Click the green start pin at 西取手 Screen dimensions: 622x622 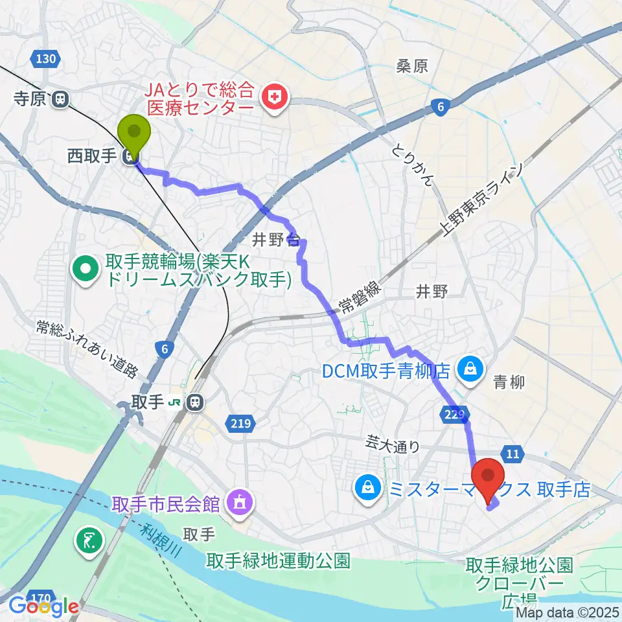pos(135,132)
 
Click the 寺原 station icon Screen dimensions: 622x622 pos(60,99)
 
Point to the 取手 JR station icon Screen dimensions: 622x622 pos(194,403)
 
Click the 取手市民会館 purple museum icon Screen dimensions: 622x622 pos(240,503)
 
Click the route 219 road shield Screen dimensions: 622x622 pos(239,425)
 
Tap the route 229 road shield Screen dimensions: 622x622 pos(454,414)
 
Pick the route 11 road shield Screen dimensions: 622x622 pos(513,454)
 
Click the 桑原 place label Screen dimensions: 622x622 pos(412,66)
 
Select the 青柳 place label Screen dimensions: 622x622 pos(509,382)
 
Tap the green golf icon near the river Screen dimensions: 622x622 pos(88,540)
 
